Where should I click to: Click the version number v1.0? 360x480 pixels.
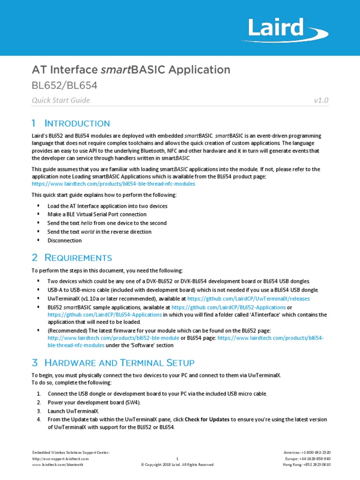321,100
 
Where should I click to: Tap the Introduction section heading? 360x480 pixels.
71,123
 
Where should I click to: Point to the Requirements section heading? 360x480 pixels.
72,257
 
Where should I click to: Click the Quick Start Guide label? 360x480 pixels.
60,100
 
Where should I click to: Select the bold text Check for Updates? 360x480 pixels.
207,419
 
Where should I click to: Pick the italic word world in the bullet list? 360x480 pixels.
87,232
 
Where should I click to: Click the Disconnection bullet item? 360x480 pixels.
65,240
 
